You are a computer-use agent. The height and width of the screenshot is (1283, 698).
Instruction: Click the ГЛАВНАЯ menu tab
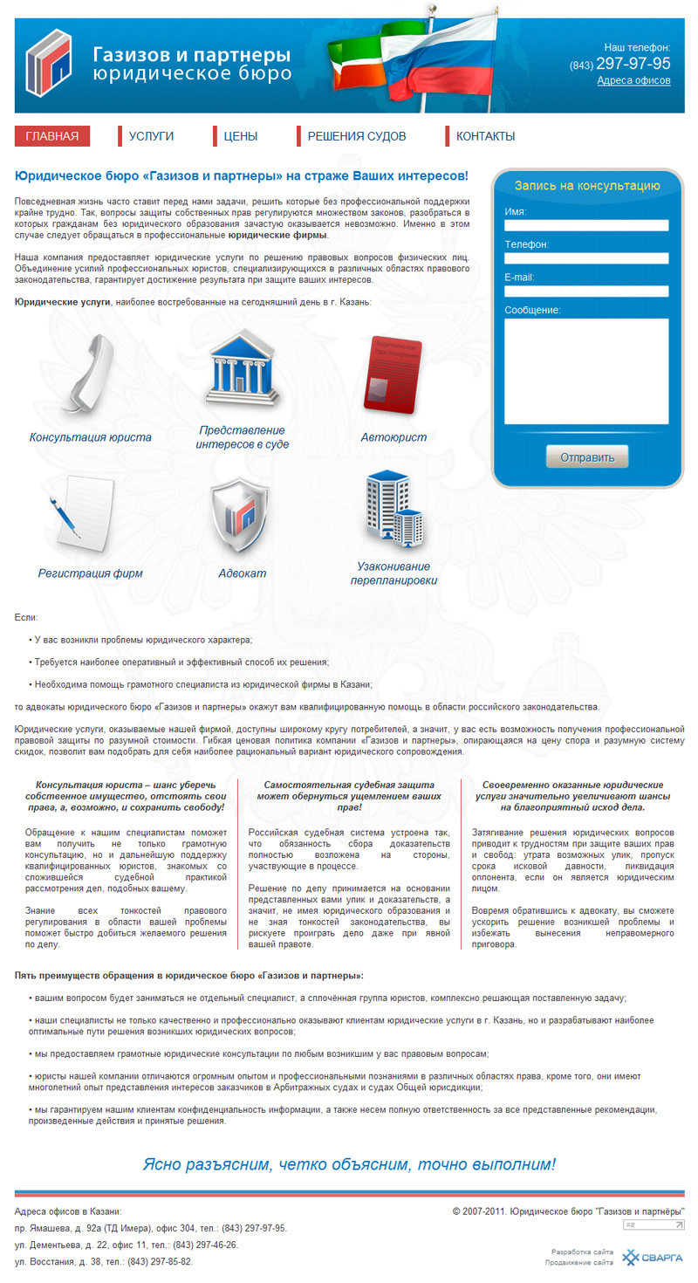coord(52,136)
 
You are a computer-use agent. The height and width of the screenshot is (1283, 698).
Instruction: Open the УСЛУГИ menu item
coord(151,136)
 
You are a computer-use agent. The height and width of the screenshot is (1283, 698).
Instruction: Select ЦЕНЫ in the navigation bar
coord(240,136)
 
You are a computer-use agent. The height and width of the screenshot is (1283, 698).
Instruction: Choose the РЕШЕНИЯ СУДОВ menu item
coord(356,136)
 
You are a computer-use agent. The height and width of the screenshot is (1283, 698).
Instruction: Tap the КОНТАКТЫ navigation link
coord(485,136)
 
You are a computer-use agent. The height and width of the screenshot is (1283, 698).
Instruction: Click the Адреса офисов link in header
coord(633,80)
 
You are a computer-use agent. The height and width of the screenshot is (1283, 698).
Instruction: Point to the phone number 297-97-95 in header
coord(633,64)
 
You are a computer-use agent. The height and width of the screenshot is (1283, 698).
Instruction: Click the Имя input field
coord(586,225)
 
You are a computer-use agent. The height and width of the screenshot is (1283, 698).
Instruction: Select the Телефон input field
coord(586,258)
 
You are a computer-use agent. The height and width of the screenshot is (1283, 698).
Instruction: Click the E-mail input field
coord(586,292)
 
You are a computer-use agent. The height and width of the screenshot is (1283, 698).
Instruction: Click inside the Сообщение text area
coord(586,371)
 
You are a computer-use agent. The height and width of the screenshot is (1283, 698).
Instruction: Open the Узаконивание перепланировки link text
coord(393,573)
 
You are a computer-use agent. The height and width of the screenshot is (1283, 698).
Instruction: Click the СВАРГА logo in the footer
coord(647,1258)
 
